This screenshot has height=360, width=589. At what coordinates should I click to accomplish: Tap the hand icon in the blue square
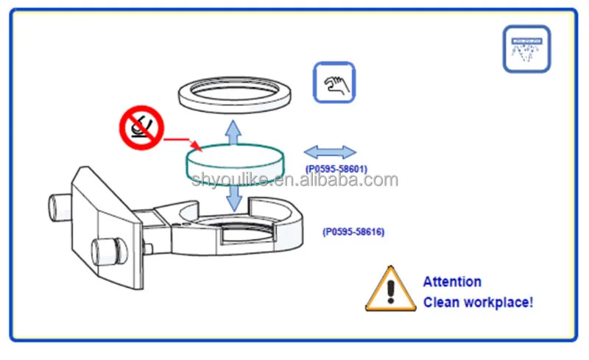tap(335, 82)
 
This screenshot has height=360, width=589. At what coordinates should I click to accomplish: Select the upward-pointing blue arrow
tap(233, 133)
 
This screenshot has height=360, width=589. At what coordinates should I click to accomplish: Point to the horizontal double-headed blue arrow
tap(330, 152)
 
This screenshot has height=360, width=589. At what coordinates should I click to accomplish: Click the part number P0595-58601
tap(336, 169)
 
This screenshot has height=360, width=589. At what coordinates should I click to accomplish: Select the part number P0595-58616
tap(353, 232)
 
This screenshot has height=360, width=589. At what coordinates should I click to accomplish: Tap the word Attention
tap(452, 281)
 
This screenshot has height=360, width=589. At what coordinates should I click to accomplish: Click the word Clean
tap(441, 303)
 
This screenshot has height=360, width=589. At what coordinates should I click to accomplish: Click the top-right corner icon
tap(526, 49)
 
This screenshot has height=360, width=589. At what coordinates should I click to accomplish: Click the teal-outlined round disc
tap(233, 163)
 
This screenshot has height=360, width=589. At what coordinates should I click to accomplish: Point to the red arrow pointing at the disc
tap(180, 140)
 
